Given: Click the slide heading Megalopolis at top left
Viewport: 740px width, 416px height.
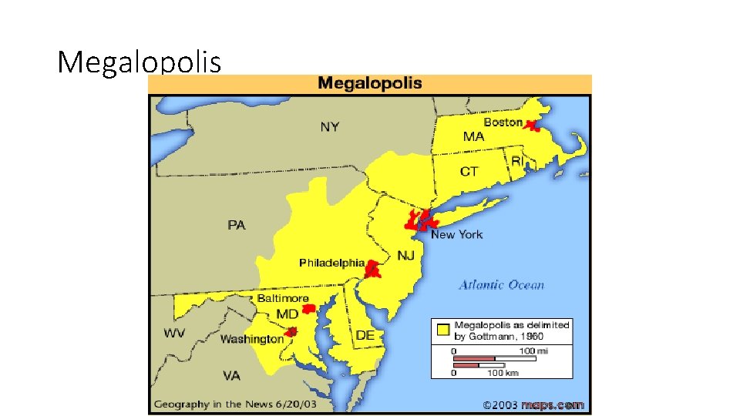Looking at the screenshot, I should (x=139, y=62).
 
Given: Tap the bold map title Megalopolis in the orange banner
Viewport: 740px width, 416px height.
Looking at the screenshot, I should (x=370, y=83).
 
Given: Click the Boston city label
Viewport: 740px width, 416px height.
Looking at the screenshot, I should (x=503, y=122).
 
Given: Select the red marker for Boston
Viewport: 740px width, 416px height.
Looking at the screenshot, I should (x=531, y=125).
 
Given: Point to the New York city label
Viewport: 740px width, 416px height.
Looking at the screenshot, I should (x=456, y=234).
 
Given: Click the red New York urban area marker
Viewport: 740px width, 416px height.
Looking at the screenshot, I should (x=419, y=220).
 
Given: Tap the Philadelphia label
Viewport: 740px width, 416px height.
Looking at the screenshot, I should (x=331, y=263).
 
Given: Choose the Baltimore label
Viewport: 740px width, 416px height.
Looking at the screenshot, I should (x=283, y=298).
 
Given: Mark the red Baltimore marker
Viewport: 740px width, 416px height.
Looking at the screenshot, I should (x=308, y=309).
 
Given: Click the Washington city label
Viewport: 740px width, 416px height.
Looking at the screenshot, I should (x=252, y=339).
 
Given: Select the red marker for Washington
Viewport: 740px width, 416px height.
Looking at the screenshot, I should (x=291, y=333).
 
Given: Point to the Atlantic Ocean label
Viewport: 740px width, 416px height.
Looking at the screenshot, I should (x=502, y=285).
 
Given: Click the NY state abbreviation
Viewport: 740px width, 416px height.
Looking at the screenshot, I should (x=329, y=126).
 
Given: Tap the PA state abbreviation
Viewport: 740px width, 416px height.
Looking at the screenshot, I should (x=237, y=225).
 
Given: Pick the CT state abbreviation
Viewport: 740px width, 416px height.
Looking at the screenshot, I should (x=469, y=171).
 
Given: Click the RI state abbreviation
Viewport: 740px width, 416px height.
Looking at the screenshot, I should (x=517, y=161).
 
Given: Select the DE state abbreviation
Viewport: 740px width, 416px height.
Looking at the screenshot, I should (x=365, y=335).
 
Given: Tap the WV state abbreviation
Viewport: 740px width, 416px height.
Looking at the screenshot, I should (x=173, y=334).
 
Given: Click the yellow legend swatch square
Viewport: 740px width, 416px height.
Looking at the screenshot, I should (x=443, y=330).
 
